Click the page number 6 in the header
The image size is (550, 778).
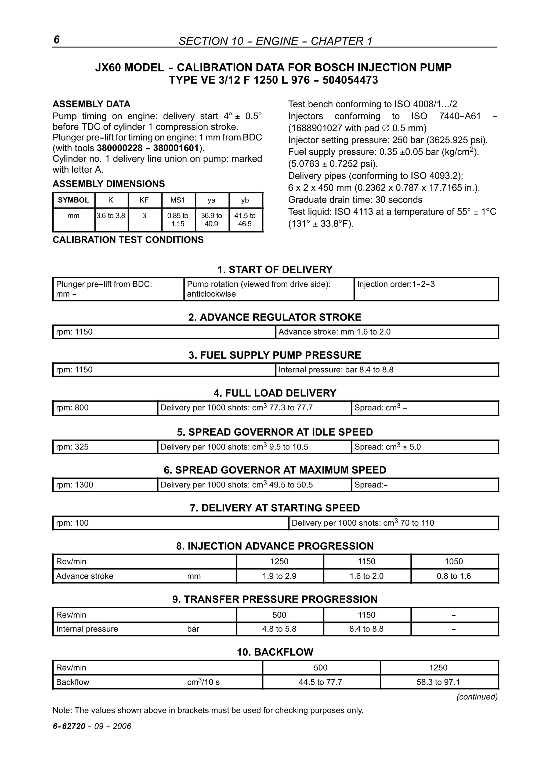coord(57,40)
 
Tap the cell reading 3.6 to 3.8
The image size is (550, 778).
coord(111,216)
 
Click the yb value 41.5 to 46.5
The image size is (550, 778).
coord(245,220)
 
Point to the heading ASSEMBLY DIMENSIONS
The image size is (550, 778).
coord(108,184)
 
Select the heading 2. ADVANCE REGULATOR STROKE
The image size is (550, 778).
coord(275,318)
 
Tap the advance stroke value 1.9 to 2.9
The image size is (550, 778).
coord(279,576)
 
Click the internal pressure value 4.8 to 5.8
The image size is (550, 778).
coord(279,629)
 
